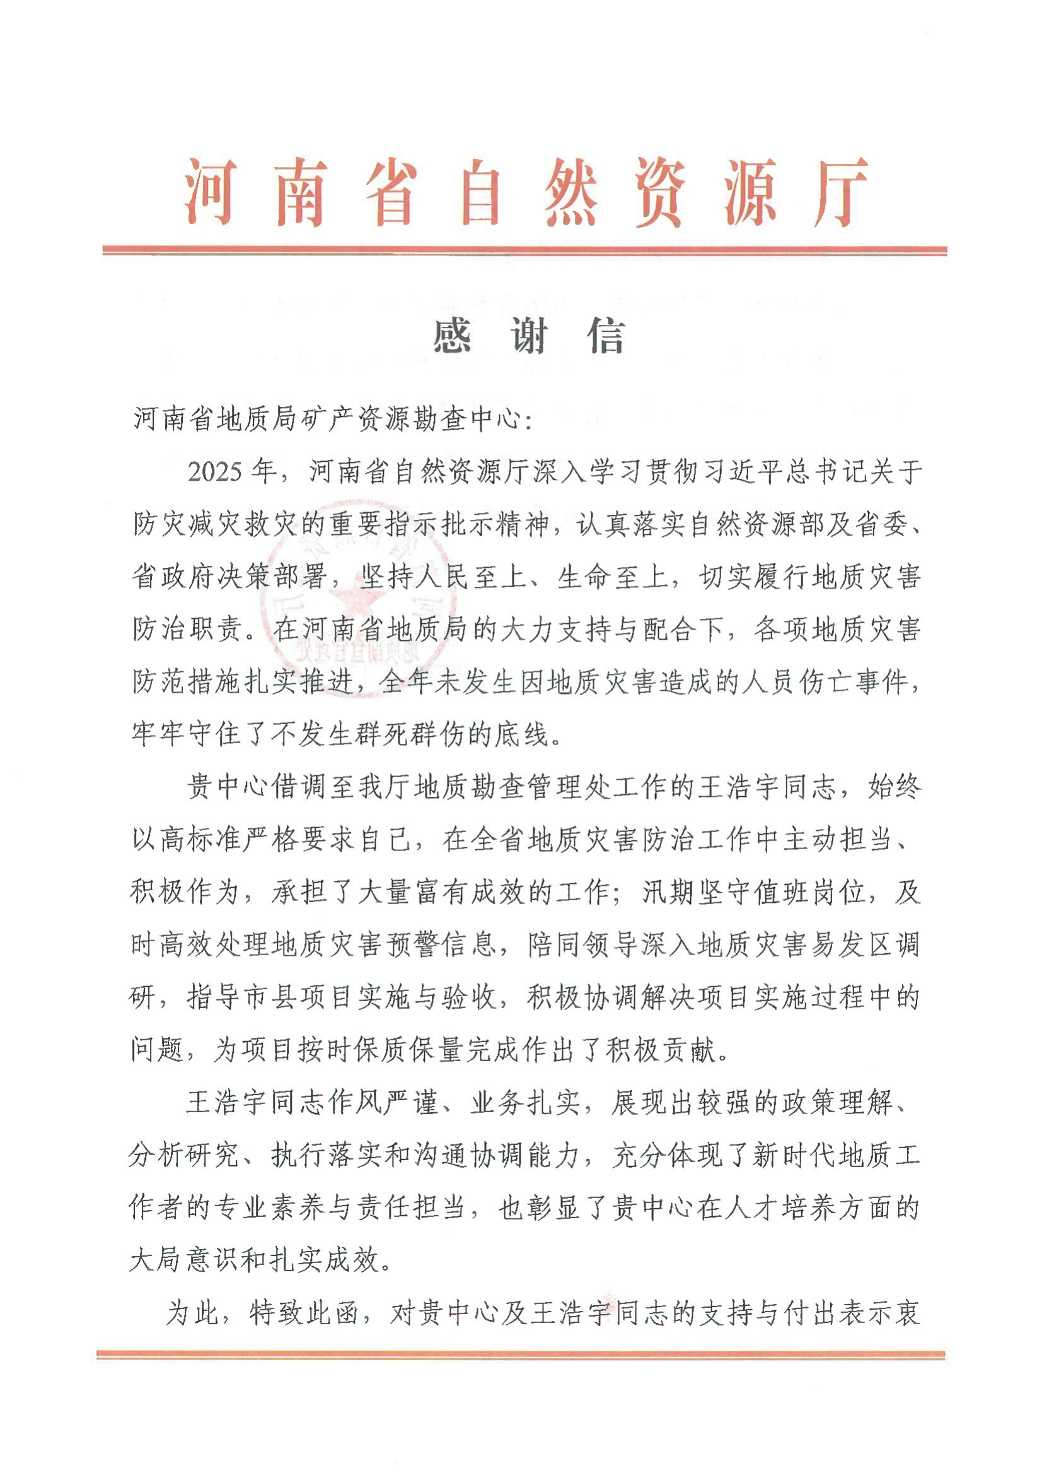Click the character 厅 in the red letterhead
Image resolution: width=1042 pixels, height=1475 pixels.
tap(840, 192)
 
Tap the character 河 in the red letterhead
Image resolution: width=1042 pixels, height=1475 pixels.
tap(211, 192)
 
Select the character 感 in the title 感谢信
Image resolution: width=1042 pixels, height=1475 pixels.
tap(453, 336)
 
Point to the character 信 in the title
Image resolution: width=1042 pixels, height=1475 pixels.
tap(605, 336)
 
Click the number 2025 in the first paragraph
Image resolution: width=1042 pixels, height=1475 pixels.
tap(215, 472)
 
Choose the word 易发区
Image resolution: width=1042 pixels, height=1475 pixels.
tap(848, 945)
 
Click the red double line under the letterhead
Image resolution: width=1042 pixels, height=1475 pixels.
tap(524, 250)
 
